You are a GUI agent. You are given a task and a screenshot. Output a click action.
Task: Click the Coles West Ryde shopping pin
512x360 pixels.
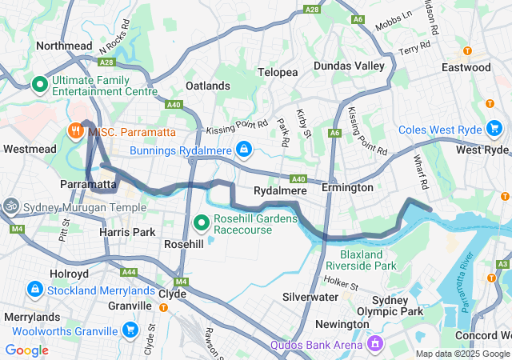[494, 128]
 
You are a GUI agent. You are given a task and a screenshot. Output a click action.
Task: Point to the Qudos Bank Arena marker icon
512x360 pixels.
[374, 344]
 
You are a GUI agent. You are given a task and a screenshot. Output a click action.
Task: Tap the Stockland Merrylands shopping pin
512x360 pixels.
[34, 288]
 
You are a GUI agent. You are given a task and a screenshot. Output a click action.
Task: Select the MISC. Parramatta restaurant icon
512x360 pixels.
[75, 130]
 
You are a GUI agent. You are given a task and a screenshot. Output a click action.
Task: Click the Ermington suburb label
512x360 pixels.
[347, 187]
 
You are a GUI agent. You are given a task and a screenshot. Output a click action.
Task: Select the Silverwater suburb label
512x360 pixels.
[310, 296]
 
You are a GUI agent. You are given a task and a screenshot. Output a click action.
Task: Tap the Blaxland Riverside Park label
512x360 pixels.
[362, 260]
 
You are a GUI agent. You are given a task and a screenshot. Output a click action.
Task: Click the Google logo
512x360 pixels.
[26, 350]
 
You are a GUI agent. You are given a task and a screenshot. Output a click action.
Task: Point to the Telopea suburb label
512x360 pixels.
[278, 72]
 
